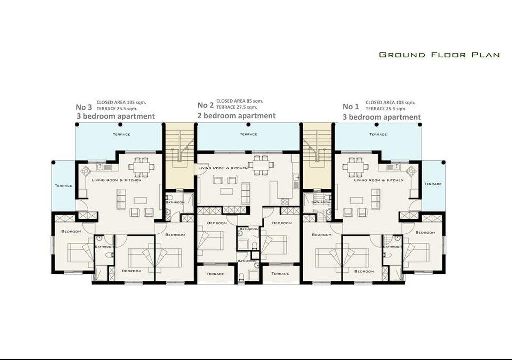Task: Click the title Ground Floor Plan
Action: pos(439,55)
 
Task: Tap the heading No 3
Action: pos(84,107)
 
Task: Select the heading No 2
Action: pos(206,105)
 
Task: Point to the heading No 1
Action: pos(351,107)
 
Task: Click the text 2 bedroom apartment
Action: pos(236,116)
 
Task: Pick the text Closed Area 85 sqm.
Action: pos(240,101)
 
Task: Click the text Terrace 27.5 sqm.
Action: pos(236,107)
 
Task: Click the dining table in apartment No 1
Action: pos(355,165)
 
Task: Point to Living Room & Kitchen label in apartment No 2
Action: pos(223,168)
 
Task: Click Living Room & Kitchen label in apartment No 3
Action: pos(117,180)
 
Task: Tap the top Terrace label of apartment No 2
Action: pos(249,134)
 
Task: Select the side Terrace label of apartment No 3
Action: pos(63,186)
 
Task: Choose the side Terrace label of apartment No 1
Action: pos(433,184)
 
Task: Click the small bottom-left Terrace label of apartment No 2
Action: pos(215,274)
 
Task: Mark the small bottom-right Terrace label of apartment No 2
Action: pos(280,274)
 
